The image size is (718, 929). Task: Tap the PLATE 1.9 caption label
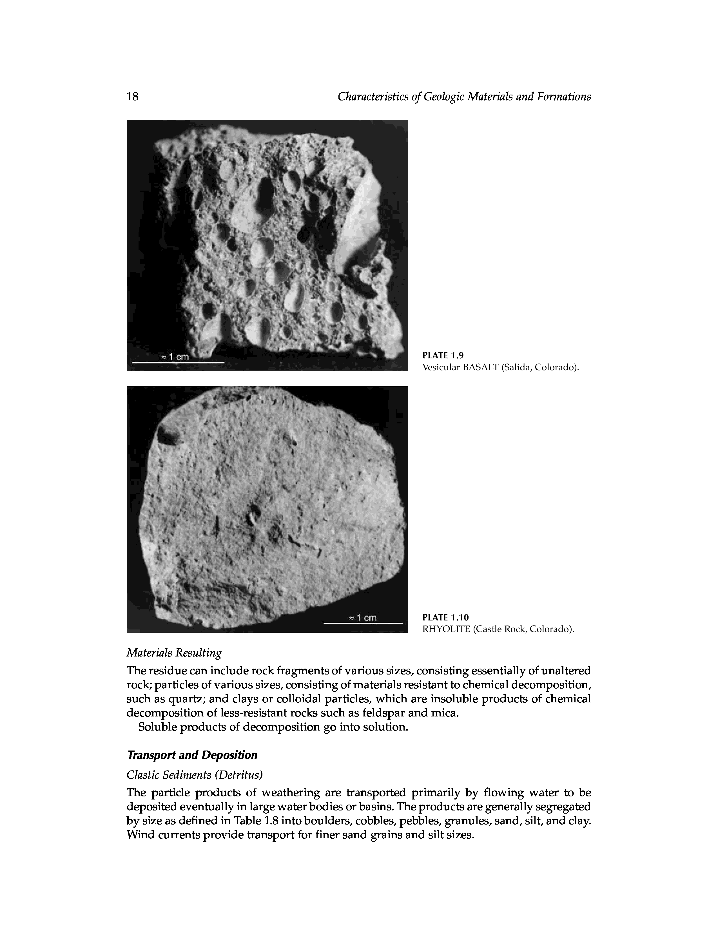pos(442,356)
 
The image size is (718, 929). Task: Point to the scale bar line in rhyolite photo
pos(363,623)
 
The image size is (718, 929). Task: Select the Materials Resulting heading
pos(174,653)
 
